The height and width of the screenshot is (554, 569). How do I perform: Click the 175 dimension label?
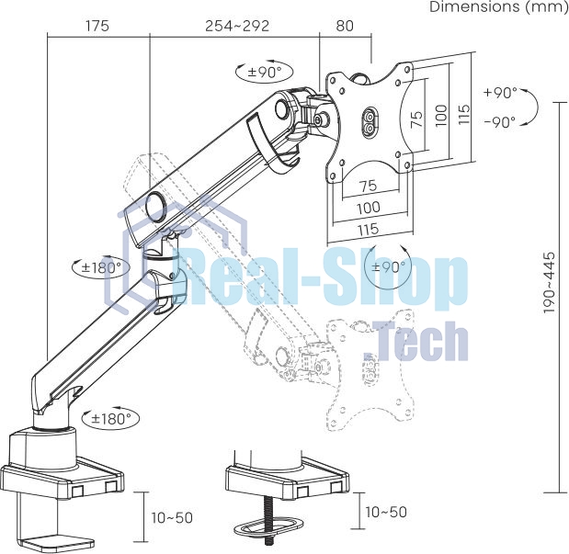(x=97, y=26)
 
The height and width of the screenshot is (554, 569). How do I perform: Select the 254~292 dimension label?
(x=237, y=26)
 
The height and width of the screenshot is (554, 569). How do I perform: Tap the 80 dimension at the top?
(x=345, y=26)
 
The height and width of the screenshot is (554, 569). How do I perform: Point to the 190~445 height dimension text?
(x=550, y=283)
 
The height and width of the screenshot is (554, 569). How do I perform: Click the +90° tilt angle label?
(x=500, y=93)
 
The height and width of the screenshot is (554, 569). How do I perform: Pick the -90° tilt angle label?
(x=500, y=122)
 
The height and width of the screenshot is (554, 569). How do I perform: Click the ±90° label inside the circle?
(x=388, y=267)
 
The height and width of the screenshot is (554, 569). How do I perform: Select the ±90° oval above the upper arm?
(x=265, y=72)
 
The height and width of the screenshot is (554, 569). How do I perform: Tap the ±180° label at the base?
(x=111, y=419)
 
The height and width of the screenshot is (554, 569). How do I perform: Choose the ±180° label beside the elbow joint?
(x=101, y=267)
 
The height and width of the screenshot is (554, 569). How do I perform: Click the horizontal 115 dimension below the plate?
(x=369, y=230)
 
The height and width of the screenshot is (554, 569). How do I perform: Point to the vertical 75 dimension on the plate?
(x=417, y=119)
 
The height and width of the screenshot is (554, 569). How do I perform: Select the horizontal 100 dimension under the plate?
(x=369, y=208)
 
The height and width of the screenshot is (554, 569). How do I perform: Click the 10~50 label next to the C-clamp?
(x=172, y=518)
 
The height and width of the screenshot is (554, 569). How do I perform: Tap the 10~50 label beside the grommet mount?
(x=386, y=512)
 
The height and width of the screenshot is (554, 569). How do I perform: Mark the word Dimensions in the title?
(x=474, y=6)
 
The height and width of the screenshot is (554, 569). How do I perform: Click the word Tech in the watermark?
(x=415, y=342)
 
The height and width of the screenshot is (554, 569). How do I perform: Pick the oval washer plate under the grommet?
(x=267, y=527)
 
